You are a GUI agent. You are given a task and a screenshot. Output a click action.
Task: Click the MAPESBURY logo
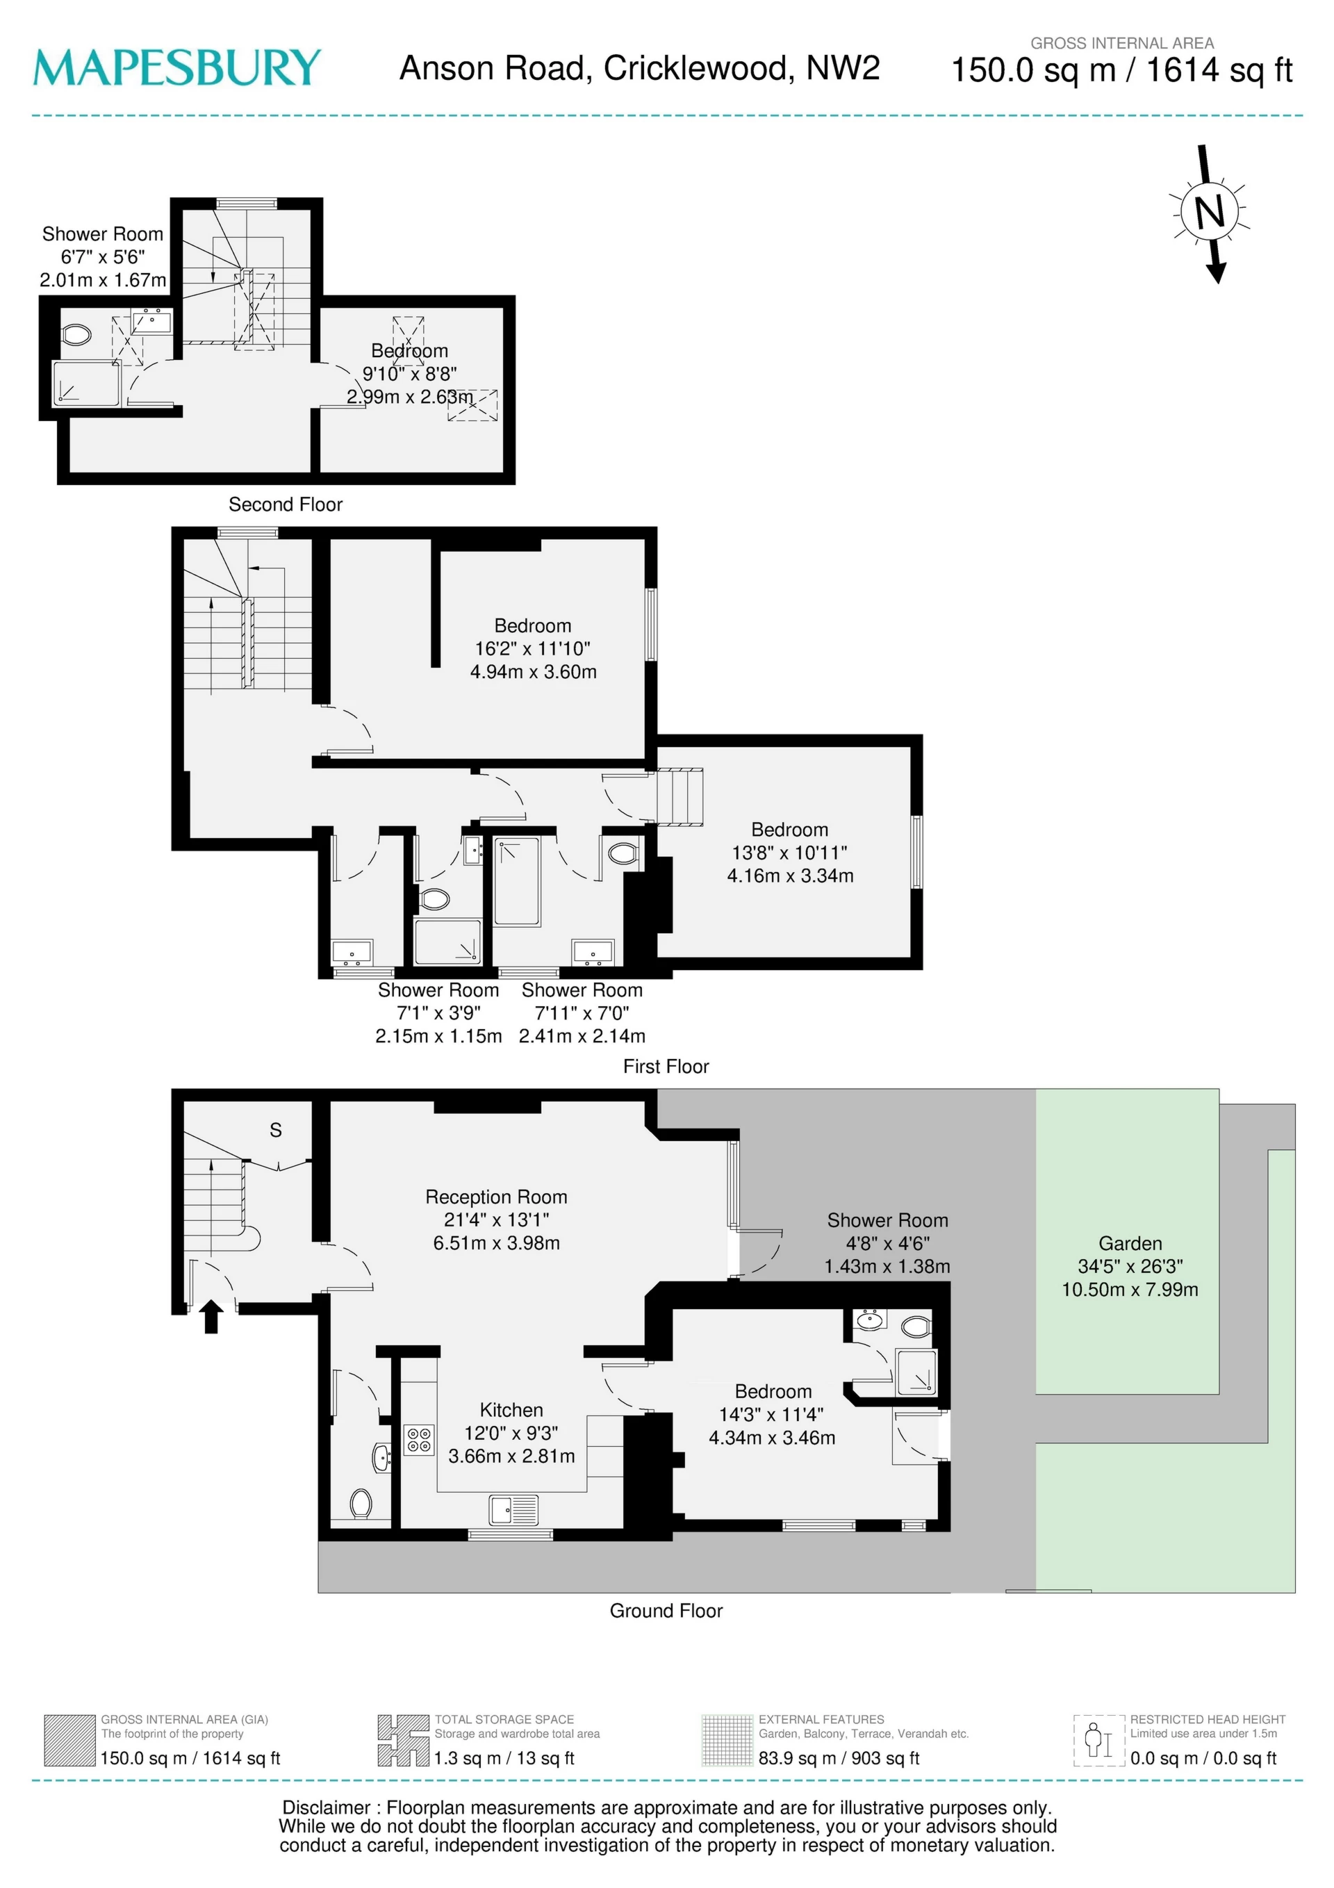click(177, 67)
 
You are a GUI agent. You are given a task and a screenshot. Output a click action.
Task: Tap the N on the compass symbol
click(1209, 213)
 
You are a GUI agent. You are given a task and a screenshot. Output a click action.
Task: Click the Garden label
click(1130, 1243)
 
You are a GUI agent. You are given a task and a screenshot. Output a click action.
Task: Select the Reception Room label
click(496, 1197)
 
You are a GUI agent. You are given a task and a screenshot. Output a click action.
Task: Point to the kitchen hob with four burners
click(419, 1439)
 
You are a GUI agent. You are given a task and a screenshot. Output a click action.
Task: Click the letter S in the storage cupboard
click(276, 1131)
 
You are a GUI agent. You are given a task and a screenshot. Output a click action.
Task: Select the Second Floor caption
click(286, 504)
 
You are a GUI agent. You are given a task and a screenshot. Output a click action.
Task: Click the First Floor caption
click(666, 1067)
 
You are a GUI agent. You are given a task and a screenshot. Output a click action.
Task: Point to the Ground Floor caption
click(666, 1611)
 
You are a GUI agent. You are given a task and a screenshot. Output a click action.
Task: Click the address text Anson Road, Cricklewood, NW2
click(639, 68)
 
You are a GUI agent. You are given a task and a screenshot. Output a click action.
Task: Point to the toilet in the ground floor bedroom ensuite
click(915, 1327)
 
